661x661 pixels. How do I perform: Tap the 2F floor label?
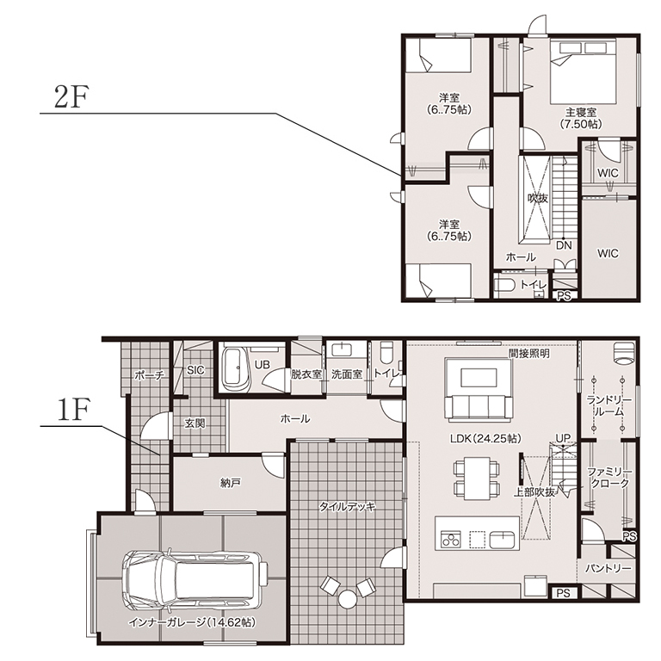coord(71,97)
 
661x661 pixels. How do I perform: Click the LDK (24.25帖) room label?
coord(485,438)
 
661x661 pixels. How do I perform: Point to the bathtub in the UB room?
coord(232,369)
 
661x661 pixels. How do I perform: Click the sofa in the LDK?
coord(479,407)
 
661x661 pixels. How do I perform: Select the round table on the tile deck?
coord(348,599)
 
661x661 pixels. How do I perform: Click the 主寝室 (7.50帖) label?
coord(580,118)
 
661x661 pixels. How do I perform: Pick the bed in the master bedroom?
coord(583,71)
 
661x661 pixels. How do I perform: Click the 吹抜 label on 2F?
coord(537,198)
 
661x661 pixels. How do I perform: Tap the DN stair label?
coord(564,245)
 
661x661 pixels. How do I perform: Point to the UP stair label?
coord(562,438)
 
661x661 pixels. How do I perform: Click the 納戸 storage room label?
coord(230,483)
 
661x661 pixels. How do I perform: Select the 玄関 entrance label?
coord(195,423)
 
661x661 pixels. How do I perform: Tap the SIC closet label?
coord(195,370)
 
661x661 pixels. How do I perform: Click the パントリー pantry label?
coord(608,569)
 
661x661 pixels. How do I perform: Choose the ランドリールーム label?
coord(608,406)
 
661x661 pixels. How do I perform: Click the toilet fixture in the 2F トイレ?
coord(504,286)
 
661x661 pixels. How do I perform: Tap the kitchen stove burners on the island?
coord(450,540)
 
